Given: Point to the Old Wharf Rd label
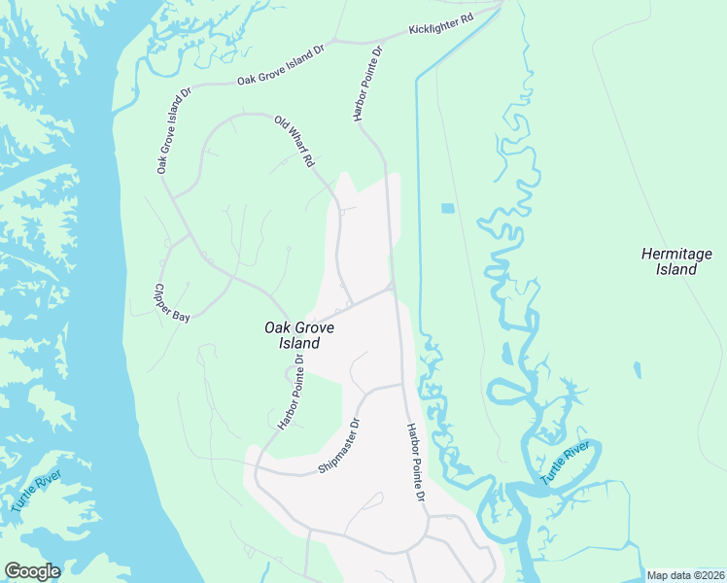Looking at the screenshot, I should tap(294, 141).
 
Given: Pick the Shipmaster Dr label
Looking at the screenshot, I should tap(339, 446).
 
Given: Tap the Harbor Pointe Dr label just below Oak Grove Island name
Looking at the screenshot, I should tap(291, 391).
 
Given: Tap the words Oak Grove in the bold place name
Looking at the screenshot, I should tap(298, 327).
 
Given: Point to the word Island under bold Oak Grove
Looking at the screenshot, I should tap(298, 343).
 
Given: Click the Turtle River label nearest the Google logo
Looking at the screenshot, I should tap(37, 492).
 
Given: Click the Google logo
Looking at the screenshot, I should tap(32, 571).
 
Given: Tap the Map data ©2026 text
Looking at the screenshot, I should tap(685, 575).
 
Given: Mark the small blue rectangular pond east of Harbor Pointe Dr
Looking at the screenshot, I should tap(447, 208).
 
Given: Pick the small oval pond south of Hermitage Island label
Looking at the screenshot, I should tap(637, 370).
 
